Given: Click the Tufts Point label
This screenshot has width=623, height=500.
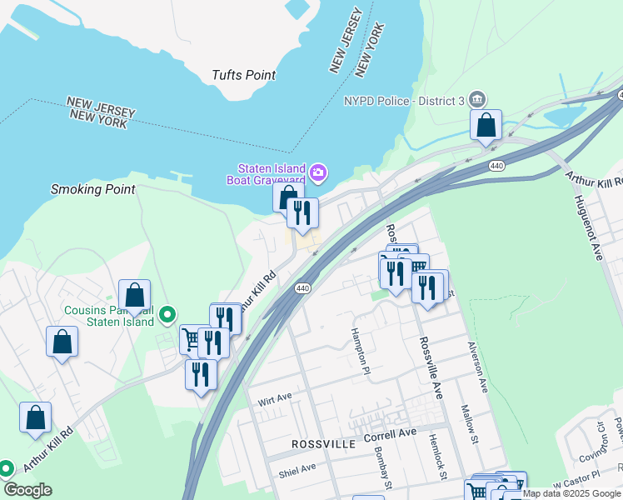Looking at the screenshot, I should tap(243, 75).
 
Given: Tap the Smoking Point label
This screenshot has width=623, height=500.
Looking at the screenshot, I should tap(92, 189).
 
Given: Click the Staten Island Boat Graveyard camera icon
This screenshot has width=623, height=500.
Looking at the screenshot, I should tap(317, 173).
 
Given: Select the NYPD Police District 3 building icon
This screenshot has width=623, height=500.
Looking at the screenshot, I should tap(477, 99).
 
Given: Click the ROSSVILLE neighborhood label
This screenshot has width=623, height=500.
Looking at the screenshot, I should tap(324, 444).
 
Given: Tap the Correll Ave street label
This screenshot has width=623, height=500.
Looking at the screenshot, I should tap(389, 435).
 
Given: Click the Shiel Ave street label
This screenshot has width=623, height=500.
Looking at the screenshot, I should tap(297, 468).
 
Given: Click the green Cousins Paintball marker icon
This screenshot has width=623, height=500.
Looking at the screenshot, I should tap(167, 314).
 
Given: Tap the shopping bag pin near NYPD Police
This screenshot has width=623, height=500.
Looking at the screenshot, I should tap(486, 126).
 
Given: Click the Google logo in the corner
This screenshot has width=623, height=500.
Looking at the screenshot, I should tap(27, 490).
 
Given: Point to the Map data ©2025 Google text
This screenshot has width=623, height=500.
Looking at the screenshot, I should tap(572, 493).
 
